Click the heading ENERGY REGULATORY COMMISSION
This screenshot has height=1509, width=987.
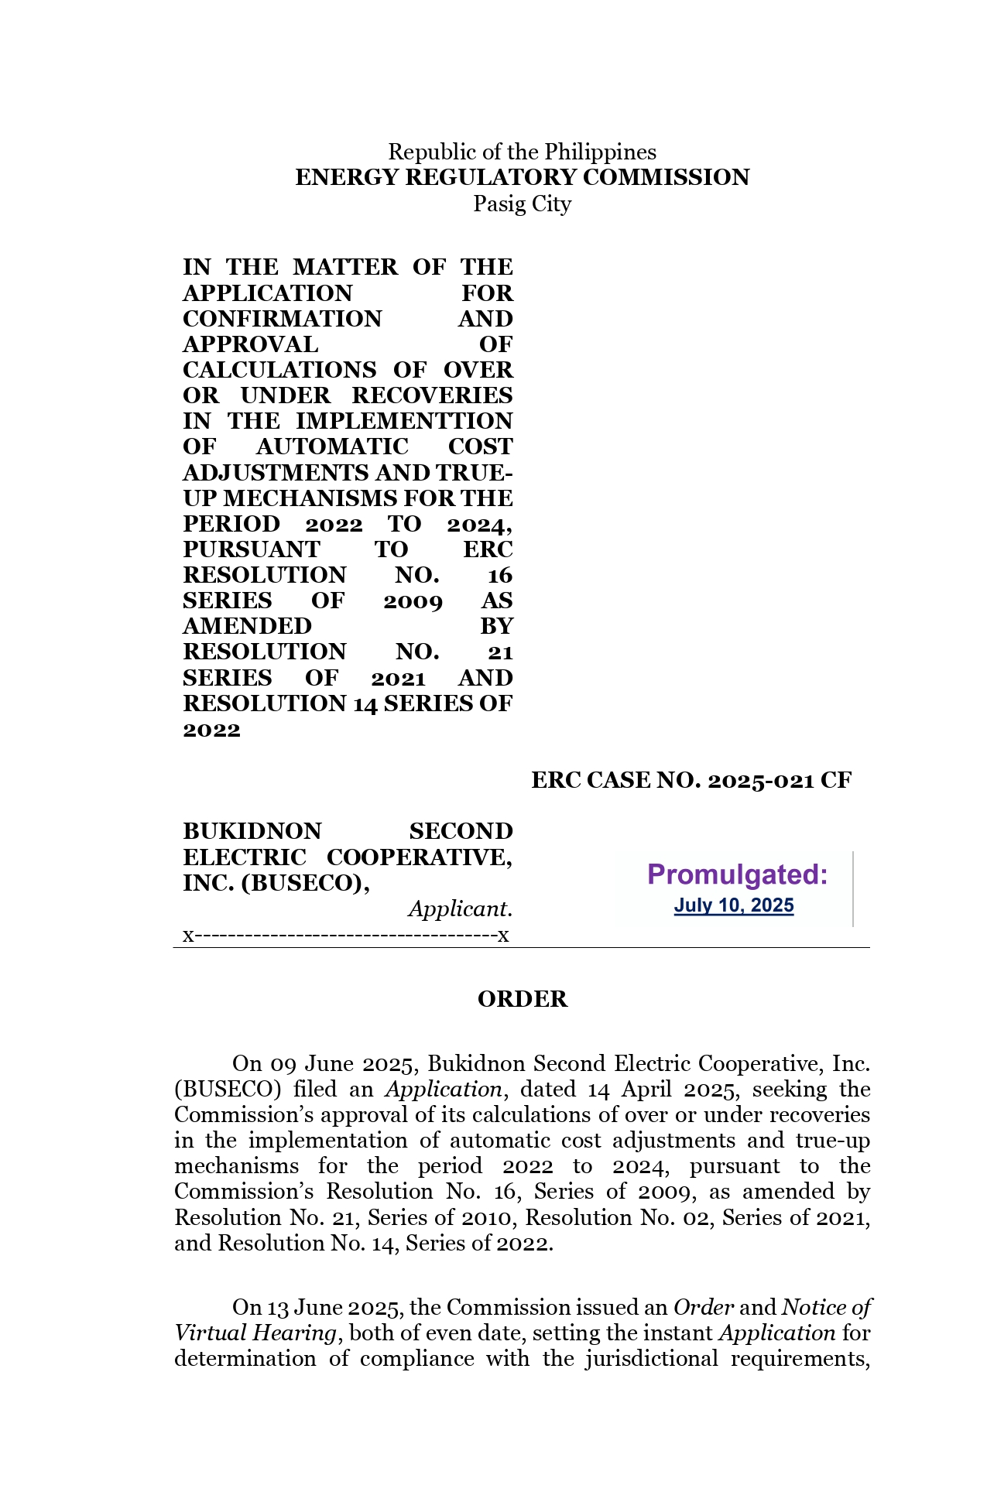click(x=522, y=177)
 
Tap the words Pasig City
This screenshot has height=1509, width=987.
click(x=522, y=204)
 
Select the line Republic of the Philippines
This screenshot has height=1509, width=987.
click(x=522, y=152)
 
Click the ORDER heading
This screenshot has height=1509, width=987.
click(x=522, y=999)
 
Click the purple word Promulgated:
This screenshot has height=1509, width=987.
click(x=737, y=874)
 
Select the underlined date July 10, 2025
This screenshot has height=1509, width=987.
click(x=734, y=905)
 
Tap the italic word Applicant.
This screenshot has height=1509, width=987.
click(x=460, y=908)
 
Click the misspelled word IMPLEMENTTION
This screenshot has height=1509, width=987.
click(x=404, y=421)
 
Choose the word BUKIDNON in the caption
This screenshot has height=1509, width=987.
click(x=252, y=831)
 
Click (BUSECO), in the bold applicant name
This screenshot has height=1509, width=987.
click(x=305, y=883)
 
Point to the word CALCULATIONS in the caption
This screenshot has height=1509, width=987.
click(x=279, y=370)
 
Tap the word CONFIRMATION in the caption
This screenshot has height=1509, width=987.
click(x=282, y=319)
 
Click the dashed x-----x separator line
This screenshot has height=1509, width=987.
click(x=346, y=936)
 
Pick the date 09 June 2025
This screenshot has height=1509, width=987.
click(x=341, y=1063)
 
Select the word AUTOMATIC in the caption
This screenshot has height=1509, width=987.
click(x=332, y=447)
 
